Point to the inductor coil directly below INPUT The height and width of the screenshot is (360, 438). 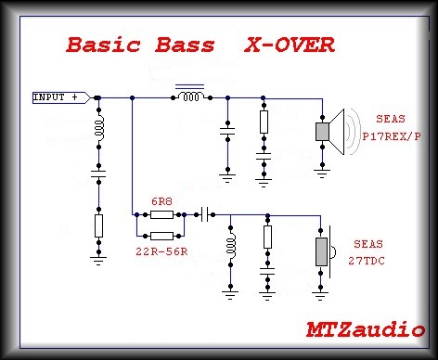coord(98,126)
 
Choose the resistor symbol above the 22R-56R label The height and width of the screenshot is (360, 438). coord(162,234)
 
